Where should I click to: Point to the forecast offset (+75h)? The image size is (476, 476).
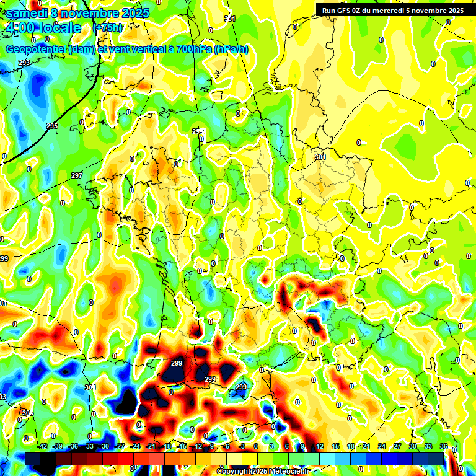click(108, 28)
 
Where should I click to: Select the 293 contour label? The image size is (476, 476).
click(24, 63)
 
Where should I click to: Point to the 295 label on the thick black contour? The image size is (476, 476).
click(52, 126)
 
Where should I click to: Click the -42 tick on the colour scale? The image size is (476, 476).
click(43, 446)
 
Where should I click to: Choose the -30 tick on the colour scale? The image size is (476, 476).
click(104, 446)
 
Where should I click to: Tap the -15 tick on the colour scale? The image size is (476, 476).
click(182, 446)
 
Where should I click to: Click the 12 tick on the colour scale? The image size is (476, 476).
click(320, 446)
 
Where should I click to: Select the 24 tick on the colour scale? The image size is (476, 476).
click(382, 446)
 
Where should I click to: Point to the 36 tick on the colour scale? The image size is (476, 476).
click(444, 446)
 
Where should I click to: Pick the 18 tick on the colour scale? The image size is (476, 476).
click(351, 446)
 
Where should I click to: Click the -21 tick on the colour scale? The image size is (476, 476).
click(151, 446)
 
